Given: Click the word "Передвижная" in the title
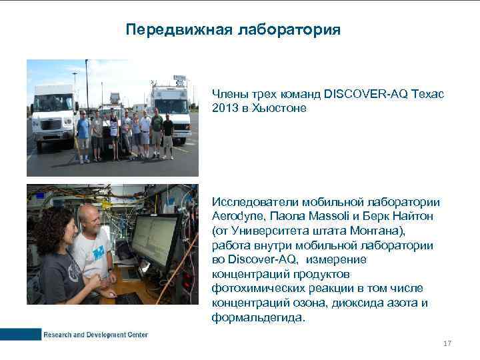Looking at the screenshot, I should [x=169, y=30].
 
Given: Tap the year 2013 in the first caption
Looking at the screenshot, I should [x=223, y=108].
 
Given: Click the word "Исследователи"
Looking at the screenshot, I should [x=255, y=202].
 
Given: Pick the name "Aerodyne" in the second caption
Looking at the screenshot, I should [x=236, y=216].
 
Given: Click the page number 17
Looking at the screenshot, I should [x=447, y=343].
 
